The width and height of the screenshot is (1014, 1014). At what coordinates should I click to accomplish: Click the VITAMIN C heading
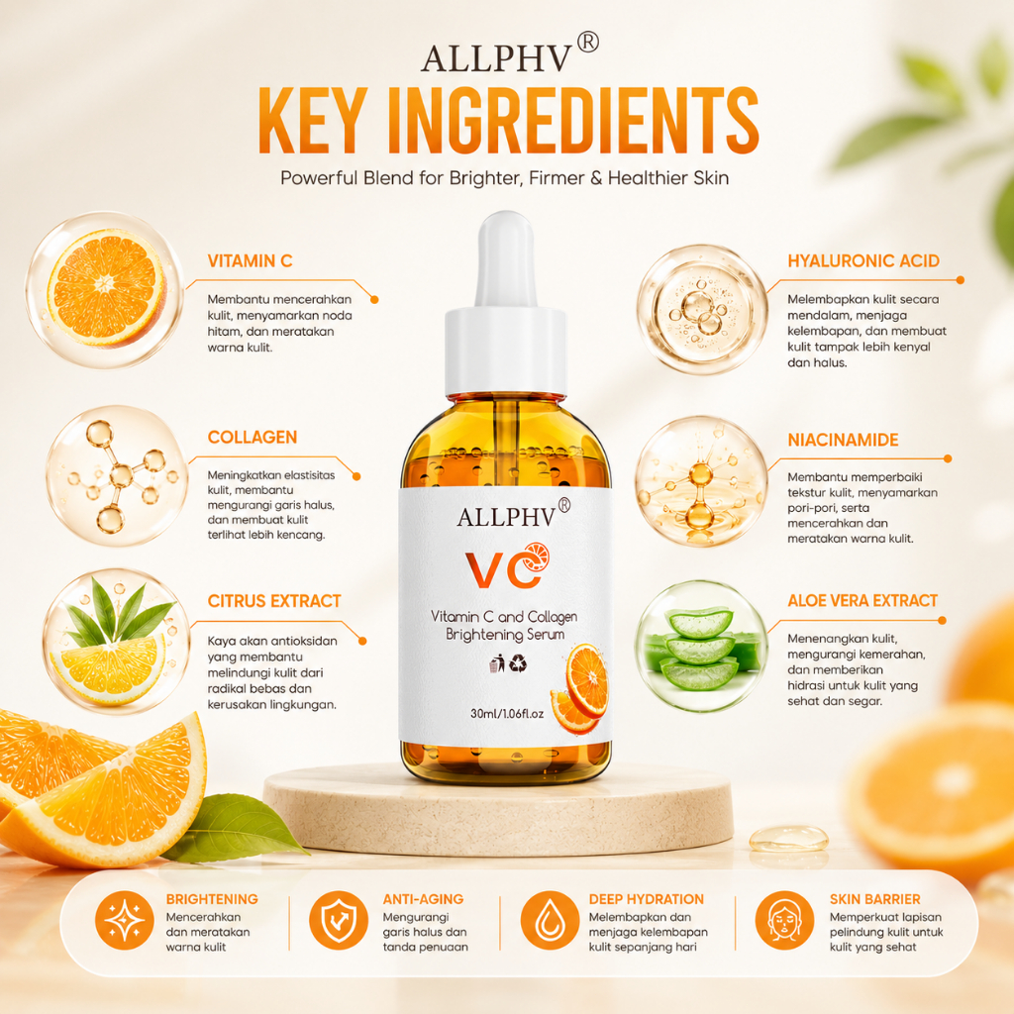click(x=250, y=260)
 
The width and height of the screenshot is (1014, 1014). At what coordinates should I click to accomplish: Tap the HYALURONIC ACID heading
click(x=862, y=260)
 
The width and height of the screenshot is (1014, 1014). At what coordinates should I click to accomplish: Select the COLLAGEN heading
click(x=253, y=437)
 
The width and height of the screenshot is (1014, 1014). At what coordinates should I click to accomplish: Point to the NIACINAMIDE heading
click(x=843, y=440)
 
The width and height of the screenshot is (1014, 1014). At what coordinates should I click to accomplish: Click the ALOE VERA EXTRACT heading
click(x=862, y=601)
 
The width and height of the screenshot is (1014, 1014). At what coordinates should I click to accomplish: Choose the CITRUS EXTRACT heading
click(x=273, y=601)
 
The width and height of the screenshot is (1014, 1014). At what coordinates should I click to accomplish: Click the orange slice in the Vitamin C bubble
click(x=107, y=287)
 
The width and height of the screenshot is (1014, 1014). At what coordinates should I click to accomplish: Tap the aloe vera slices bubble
click(x=702, y=646)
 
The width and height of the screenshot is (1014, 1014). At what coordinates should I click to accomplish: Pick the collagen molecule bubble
click(x=117, y=476)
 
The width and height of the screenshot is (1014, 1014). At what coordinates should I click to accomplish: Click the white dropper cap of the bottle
click(x=505, y=305)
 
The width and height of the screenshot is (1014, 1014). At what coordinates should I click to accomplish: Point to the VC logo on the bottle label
click(x=507, y=566)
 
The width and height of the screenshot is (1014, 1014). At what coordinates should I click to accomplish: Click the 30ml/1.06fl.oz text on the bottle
click(x=506, y=714)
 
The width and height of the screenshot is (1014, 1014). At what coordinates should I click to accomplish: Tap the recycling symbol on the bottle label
click(x=518, y=663)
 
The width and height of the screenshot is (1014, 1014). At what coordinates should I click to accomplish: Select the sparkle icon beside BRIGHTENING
click(x=124, y=920)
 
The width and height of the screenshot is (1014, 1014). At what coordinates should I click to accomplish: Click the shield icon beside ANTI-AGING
click(x=339, y=920)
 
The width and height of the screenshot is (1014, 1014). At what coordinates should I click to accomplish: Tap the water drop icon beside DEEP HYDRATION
click(x=550, y=920)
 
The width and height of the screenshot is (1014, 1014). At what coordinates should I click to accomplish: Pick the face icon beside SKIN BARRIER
click(x=784, y=920)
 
